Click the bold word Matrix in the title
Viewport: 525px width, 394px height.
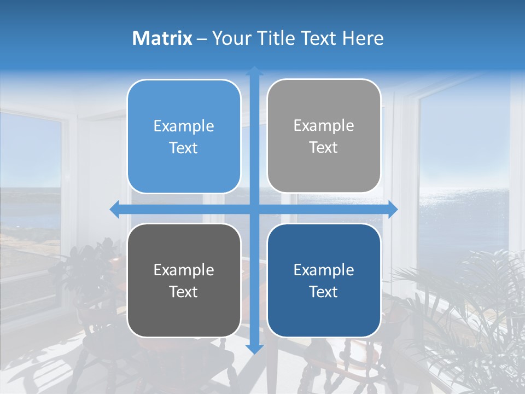pyautogui.click(x=162, y=38)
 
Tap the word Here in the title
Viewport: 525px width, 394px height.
pyautogui.click(x=363, y=38)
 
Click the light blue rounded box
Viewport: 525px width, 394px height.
pyautogui.click(x=184, y=175)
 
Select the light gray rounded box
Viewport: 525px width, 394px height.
pyautogui.click(x=324, y=175)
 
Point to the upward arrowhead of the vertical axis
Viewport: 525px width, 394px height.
pyautogui.click(x=254, y=71)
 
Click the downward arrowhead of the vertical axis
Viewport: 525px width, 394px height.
pyautogui.click(x=254, y=349)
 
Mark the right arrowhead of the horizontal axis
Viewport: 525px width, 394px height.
pyautogui.click(x=393, y=210)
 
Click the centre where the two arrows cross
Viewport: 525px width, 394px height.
pyautogui.click(x=254, y=210)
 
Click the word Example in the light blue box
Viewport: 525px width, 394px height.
pyautogui.click(x=184, y=126)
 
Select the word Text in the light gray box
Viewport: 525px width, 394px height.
pyautogui.click(x=324, y=148)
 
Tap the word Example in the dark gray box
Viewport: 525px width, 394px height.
pyautogui.click(x=184, y=270)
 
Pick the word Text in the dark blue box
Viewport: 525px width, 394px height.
pyautogui.click(x=324, y=292)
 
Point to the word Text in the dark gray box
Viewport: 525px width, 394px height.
pyautogui.click(x=184, y=292)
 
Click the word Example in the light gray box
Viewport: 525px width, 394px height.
pyautogui.click(x=324, y=126)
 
